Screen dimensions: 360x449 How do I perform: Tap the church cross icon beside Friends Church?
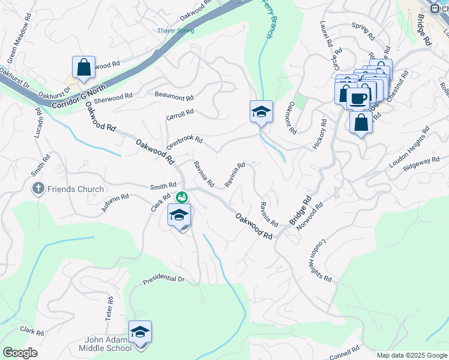click(38, 188)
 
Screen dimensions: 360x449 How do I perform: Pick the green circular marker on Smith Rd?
click(181, 196)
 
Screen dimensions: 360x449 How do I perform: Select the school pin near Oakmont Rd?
click(261, 112)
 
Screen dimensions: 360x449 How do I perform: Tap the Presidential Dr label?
click(163, 280)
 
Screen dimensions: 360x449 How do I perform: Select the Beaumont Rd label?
click(174, 96)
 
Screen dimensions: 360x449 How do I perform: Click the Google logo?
click(20, 353)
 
